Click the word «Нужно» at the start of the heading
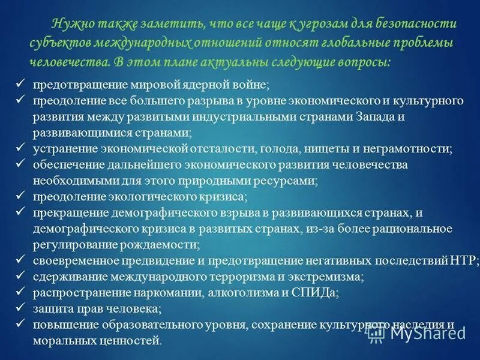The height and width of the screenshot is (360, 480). click(70, 24)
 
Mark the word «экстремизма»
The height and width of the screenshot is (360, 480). click(324, 277)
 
